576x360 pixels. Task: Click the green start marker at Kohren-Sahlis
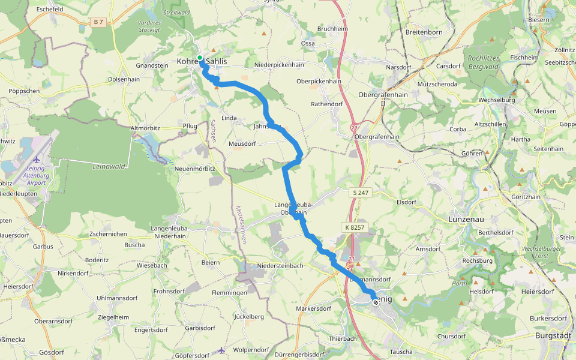(200, 58)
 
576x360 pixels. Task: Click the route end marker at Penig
(376, 302)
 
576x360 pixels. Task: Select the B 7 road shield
(98, 22)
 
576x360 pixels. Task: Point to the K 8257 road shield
(355, 228)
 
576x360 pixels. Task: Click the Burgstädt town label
(556, 336)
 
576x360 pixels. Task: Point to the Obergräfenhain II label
(383, 98)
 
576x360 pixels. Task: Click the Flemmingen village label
(229, 293)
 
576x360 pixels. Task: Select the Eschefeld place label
(50, 10)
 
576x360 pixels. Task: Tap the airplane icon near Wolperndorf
(222, 350)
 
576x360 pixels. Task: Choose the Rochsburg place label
(477, 261)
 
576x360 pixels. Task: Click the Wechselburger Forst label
(537, 251)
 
